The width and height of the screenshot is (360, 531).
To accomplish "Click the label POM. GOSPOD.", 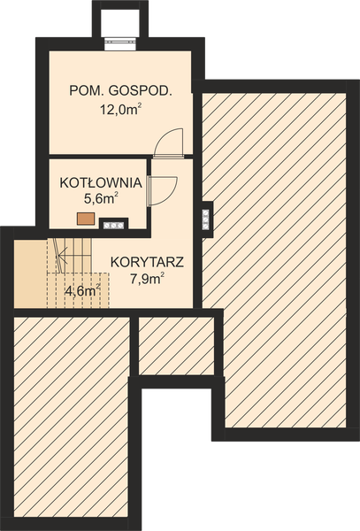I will point(119,91).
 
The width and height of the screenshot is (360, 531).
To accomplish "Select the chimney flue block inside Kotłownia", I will point(115,225).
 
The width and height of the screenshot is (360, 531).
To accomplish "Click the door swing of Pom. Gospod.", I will point(169,142).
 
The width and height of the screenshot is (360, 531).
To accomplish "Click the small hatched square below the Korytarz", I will point(177,345).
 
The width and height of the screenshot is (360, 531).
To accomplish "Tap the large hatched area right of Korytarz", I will point(278,257).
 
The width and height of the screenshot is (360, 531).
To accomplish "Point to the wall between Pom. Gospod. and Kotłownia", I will point(97,160).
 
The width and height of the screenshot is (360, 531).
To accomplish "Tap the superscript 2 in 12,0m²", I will point(140,105).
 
